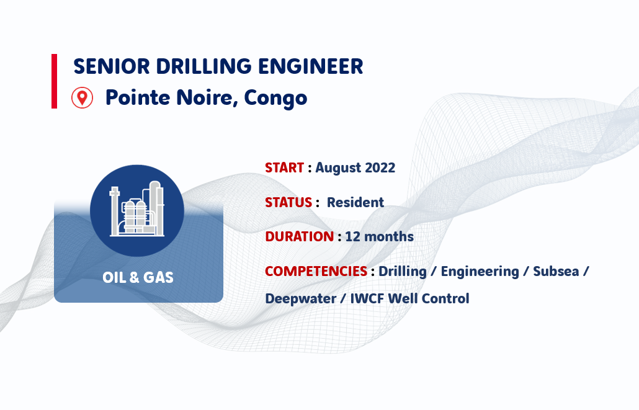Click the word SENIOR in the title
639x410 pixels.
point(111,66)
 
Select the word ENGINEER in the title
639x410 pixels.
point(311,66)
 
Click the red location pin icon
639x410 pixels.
point(83,98)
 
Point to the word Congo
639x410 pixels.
point(275,98)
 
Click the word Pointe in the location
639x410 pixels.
point(138,97)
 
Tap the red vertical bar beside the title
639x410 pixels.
point(54,81)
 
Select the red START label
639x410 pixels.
point(285,167)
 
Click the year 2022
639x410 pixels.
point(380,167)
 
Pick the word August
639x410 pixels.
point(338,168)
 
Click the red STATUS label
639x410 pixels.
point(288,202)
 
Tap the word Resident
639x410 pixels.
point(355,202)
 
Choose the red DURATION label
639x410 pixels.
point(300,236)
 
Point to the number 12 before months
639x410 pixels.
point(352,236)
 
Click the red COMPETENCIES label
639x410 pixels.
point(316,271)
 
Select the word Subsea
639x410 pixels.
point(556,271)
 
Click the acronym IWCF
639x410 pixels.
point(367,298)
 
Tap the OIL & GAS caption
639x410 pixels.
point(138,277)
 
